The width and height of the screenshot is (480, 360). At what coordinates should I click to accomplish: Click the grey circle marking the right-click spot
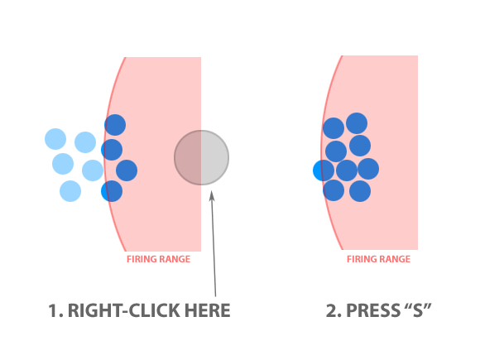tap(201, 157)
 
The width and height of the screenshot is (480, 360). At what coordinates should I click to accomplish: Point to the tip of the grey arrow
tap(211, 190)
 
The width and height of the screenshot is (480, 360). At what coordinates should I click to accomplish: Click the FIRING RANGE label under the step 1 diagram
tap(159, 259)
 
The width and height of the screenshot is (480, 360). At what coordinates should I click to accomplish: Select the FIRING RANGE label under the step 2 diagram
tap(378, 259)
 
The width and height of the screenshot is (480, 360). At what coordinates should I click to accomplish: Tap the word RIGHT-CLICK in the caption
tap(123, 310)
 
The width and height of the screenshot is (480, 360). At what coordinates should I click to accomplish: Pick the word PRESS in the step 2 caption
tap(373, 310)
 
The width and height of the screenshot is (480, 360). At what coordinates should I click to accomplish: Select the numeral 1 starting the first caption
tap(53, 310)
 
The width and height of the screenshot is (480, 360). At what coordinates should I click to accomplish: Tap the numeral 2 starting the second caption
tap(332, 310)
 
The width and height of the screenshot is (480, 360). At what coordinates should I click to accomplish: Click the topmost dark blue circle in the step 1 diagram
tap(115, 125)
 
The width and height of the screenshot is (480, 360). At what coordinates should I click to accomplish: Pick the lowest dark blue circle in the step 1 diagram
tap(112, 191)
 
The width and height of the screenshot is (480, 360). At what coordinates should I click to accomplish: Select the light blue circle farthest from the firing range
tap(55, 139)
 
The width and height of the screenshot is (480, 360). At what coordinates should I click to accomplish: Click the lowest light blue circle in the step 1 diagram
tap(70, 191)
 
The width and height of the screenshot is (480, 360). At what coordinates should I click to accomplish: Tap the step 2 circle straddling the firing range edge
tap(324, 170)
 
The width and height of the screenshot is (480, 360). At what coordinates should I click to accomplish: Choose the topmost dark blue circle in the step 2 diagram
tap(357, 123)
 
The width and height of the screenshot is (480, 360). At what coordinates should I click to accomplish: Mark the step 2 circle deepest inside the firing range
tap(368, 169)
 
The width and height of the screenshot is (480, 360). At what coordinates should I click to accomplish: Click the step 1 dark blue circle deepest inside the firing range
tap(127, 170)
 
